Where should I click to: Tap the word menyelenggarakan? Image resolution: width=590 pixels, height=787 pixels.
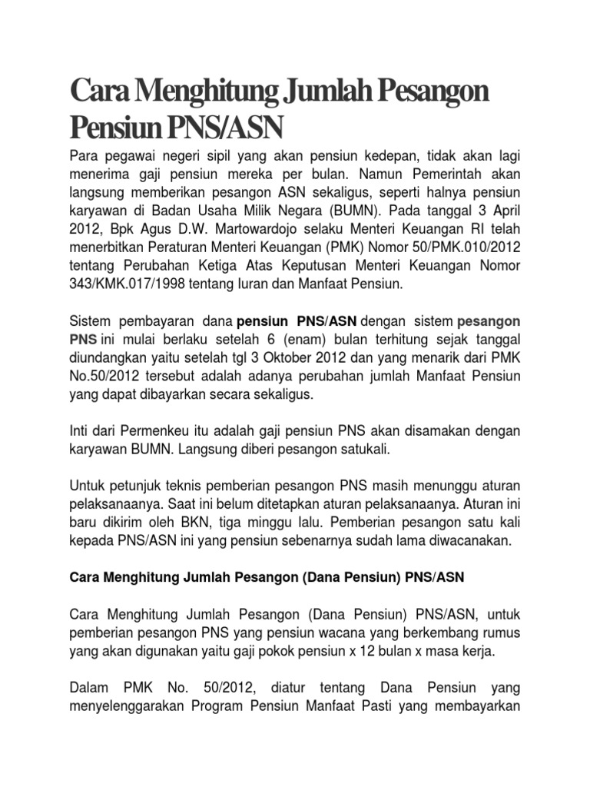[x=137, y=706]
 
